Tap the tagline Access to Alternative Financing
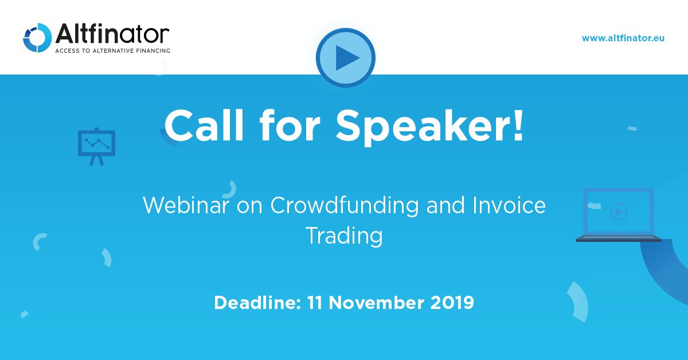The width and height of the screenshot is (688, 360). (112, 51)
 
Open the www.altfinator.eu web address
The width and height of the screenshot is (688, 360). (623, 38)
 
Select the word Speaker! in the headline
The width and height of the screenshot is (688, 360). (430, 126)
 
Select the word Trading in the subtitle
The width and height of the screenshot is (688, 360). (344, 236)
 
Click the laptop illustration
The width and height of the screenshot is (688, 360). (618, 215)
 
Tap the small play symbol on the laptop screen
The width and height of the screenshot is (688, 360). (618, 211)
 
